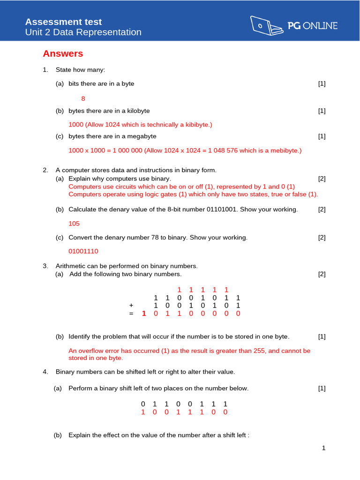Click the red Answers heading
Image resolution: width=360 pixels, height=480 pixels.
63,54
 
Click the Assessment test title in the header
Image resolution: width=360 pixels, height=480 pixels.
63,22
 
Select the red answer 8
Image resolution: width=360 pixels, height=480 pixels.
83,99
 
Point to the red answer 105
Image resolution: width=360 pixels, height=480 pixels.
74,224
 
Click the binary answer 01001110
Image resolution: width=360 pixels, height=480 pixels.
83,251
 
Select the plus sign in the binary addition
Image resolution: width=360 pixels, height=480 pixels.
131,306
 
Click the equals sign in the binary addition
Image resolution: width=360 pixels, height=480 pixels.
131,314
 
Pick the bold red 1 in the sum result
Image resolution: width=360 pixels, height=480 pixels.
144,314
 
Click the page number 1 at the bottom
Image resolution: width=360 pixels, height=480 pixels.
323,448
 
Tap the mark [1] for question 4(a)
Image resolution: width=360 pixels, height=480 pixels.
322,388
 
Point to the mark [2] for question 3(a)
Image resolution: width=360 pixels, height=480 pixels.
322,274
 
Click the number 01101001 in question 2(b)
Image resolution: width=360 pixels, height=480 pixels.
223,210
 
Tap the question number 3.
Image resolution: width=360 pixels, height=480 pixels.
45,266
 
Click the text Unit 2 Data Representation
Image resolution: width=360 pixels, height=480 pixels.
83,32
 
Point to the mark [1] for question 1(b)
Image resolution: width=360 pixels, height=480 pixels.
322,111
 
